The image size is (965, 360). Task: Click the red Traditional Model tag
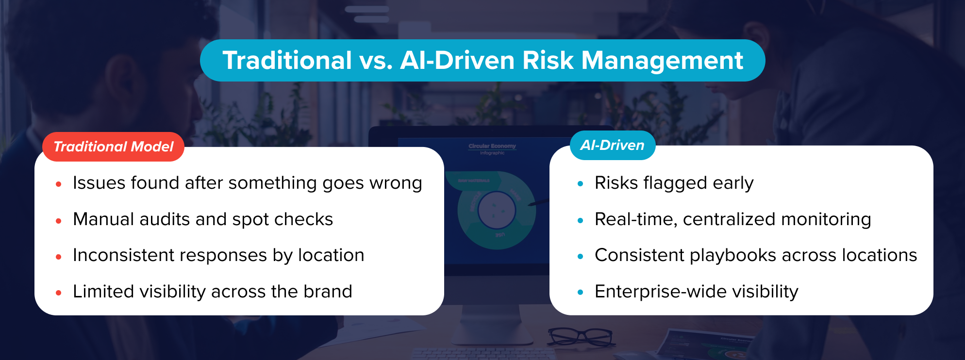[x=113, y=147]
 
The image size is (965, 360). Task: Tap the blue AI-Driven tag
[x=612, y=145]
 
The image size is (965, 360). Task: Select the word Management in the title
[x=662, y=61]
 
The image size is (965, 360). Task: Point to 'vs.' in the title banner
[x=376, y=61]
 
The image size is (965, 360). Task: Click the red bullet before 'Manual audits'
[x=59, y=221]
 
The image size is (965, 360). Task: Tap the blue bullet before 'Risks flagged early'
[x=580, y=184]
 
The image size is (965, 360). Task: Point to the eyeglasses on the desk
[x=580, y=336]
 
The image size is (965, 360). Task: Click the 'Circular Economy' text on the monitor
[x=492, y=146]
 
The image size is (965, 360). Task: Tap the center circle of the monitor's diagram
[x=496, y=210]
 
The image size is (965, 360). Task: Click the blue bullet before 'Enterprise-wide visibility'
[x=580, y=293]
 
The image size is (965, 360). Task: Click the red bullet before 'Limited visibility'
[x=59, y=293]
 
